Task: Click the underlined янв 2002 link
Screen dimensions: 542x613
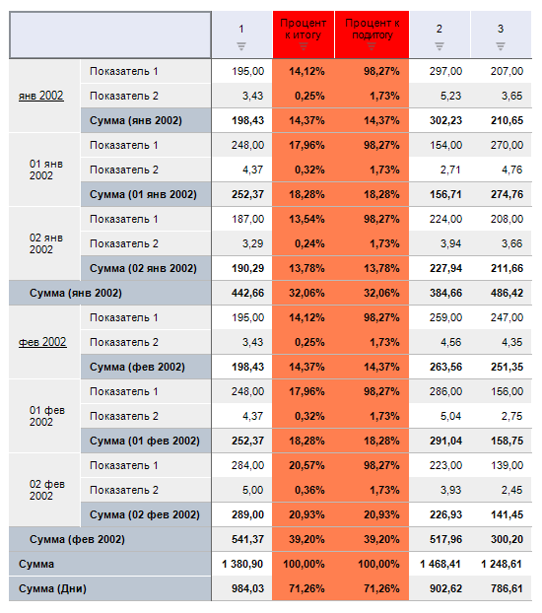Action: point(41,96)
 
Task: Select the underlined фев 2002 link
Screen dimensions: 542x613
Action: point(42,342)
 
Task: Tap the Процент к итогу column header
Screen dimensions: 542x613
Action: point(304,29)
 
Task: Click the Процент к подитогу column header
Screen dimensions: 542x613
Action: point(373,29)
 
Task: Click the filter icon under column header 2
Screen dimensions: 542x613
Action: point(440,46)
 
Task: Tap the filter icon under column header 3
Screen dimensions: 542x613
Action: point(501,46)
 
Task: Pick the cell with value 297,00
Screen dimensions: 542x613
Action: point(445,71)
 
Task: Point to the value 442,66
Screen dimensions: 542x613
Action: point(248,293)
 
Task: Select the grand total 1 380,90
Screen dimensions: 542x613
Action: point(242,564)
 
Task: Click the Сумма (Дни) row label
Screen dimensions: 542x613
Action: point(52,588)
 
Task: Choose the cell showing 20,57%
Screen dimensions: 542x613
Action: point(307,465)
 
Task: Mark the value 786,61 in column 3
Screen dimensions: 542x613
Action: point(507,588)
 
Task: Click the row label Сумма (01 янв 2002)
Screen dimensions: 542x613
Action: point(143,194)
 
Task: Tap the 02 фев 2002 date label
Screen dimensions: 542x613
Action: point(46,490)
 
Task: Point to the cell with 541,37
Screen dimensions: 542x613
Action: point(248,539)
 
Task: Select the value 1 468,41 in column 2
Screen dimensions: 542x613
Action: point(440,564)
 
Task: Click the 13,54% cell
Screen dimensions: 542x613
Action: point(307,219)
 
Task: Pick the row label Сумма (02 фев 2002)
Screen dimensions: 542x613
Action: point(145,514)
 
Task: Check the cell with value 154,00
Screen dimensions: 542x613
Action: point(445,145)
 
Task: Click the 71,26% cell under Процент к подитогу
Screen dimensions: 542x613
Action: point(381,588)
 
